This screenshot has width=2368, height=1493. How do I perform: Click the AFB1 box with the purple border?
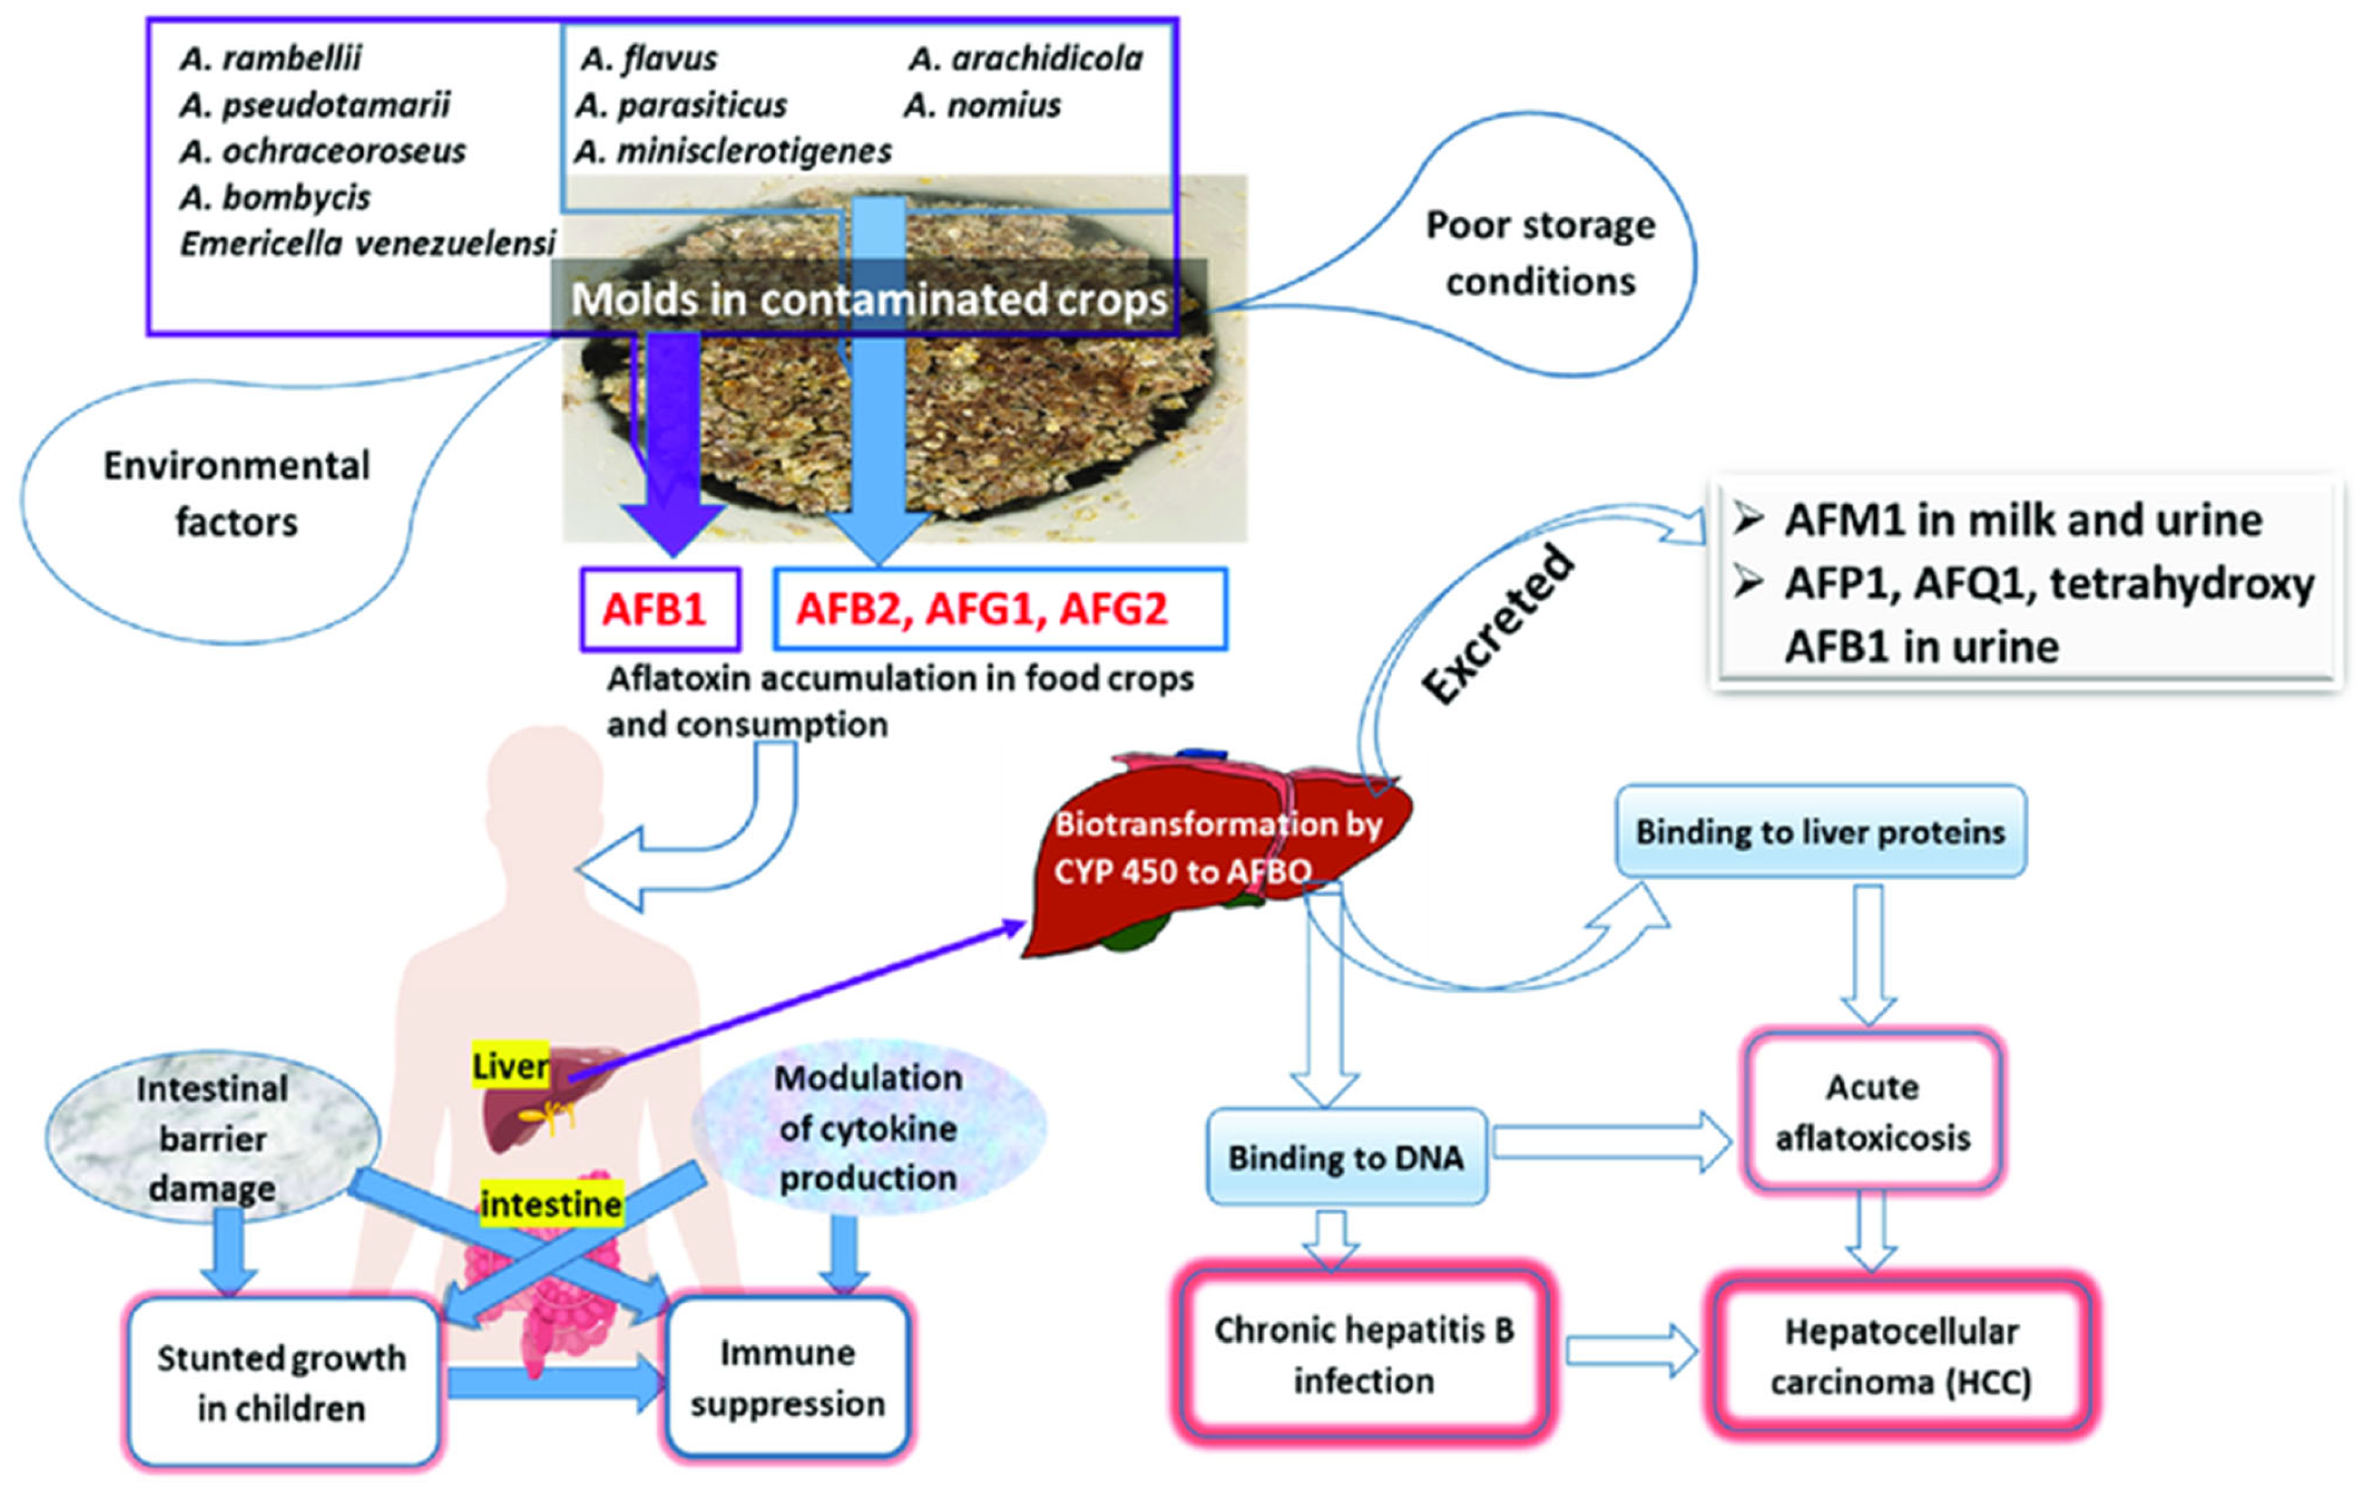pyautogui.click(x=659, y=610)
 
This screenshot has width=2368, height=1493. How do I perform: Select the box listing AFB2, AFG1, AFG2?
pyautogui.click(x=999, y=610)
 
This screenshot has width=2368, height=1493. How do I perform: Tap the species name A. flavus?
pyautogui.click(x=649, y=59)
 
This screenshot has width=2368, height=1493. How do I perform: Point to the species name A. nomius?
pyautogui.click(x=983, y=105)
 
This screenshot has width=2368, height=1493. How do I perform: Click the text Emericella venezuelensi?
pyautogui.click(x=367, y=243)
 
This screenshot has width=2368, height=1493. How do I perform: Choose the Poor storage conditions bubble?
pyautogui.click(x=1540, y=253)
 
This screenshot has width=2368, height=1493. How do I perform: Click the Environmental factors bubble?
pyautogui.click(x=236, y=494)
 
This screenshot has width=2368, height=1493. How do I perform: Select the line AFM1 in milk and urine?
pyautogui.click(x=2022, y=520)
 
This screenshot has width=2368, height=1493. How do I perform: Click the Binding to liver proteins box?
pyautogui.click(x=1819, y=832)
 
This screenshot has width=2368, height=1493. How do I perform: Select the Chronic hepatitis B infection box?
pyautogui.click(x=1363, y=1355)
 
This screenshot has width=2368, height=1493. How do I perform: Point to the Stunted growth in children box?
pyautogui.click(x=282, y=1382)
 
